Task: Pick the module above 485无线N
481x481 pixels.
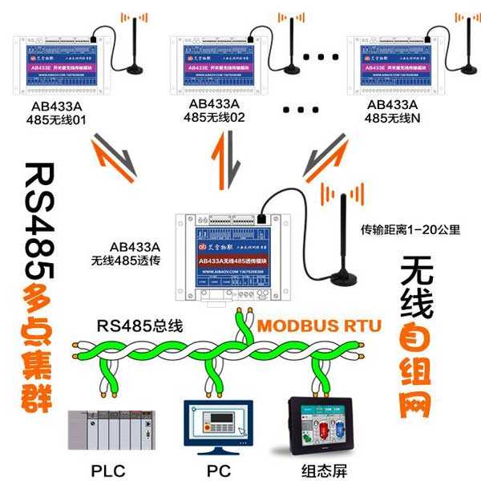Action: (395, 67)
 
